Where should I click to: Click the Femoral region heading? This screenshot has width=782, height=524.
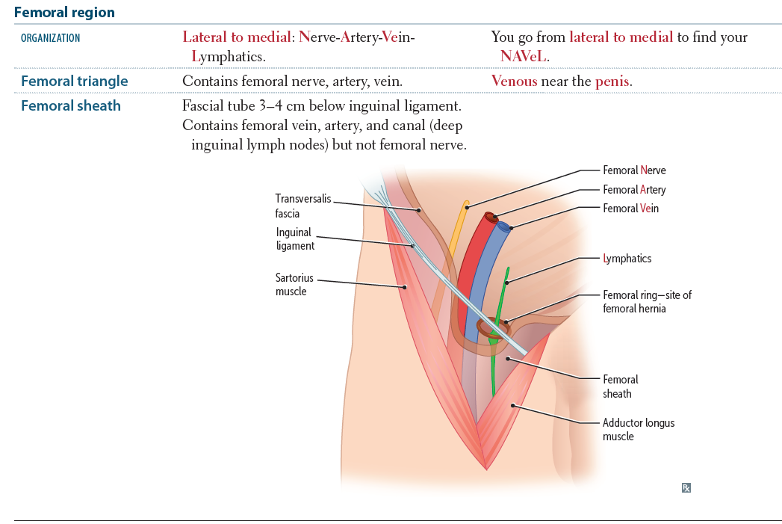pyautogui.click(x=64, y=13)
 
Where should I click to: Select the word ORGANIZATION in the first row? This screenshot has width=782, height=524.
pyautogui.click(x=50, y=38)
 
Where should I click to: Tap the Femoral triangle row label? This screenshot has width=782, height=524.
pyautogui.click(x=74, y=81)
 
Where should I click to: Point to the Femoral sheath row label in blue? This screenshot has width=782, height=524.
pyautogui.click(x=70, y=105)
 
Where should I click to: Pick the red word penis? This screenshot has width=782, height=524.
pyautogui.click(x=612, y=81)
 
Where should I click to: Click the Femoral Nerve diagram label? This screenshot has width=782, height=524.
pyautogui.click(x=634, y=170)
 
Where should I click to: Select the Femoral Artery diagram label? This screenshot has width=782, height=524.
pyautogui.click(x=634, y=190)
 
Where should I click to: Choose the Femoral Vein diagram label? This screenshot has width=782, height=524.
pyautogui.click(x=630, y=209)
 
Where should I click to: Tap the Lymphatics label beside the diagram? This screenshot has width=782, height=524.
pyautogui.click(x=627, y=259)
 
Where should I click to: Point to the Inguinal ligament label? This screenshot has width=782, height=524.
pyautogui.click(x=295, y=239)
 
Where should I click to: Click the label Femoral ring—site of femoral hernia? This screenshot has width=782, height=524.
pyautogui.click(x=647, y=301)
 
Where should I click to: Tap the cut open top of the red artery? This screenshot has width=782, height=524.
pyautogui.click(x=490, y=218)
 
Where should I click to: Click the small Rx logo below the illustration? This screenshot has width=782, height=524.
pyautogui.click(x=686, y=488)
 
